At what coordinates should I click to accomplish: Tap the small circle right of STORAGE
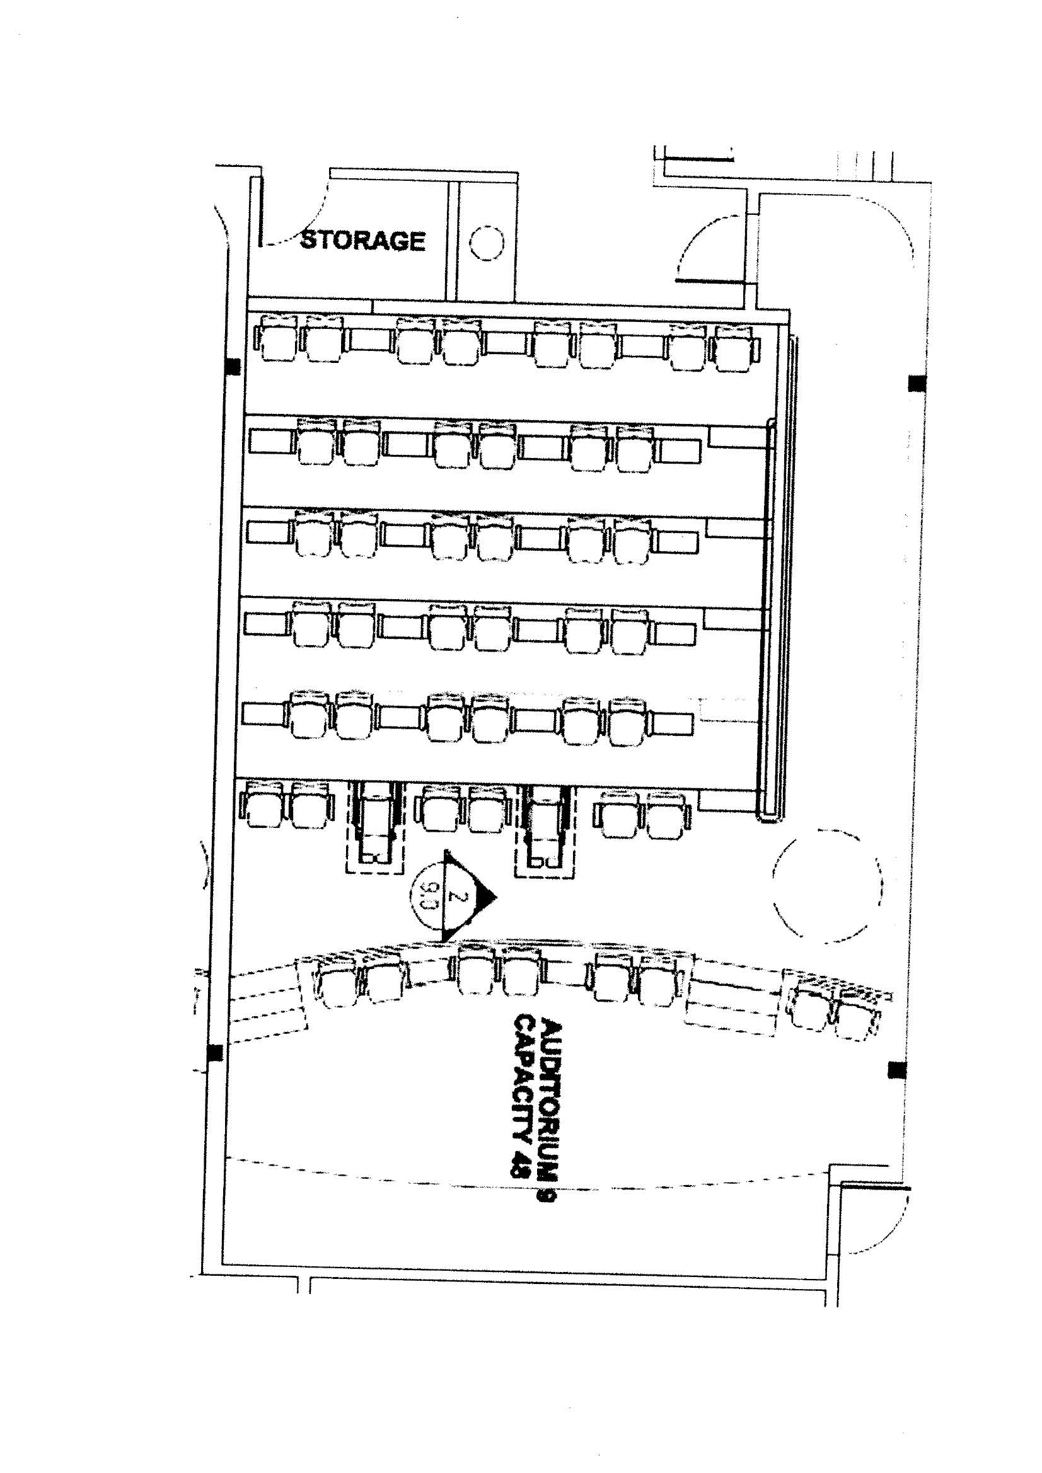coord(487,243)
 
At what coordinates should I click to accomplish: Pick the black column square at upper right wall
coord(917,384)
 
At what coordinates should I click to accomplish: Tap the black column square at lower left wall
coord(216,1052)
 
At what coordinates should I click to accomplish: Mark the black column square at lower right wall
coord(897,1069)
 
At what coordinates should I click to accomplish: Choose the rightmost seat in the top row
coord(734,348)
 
